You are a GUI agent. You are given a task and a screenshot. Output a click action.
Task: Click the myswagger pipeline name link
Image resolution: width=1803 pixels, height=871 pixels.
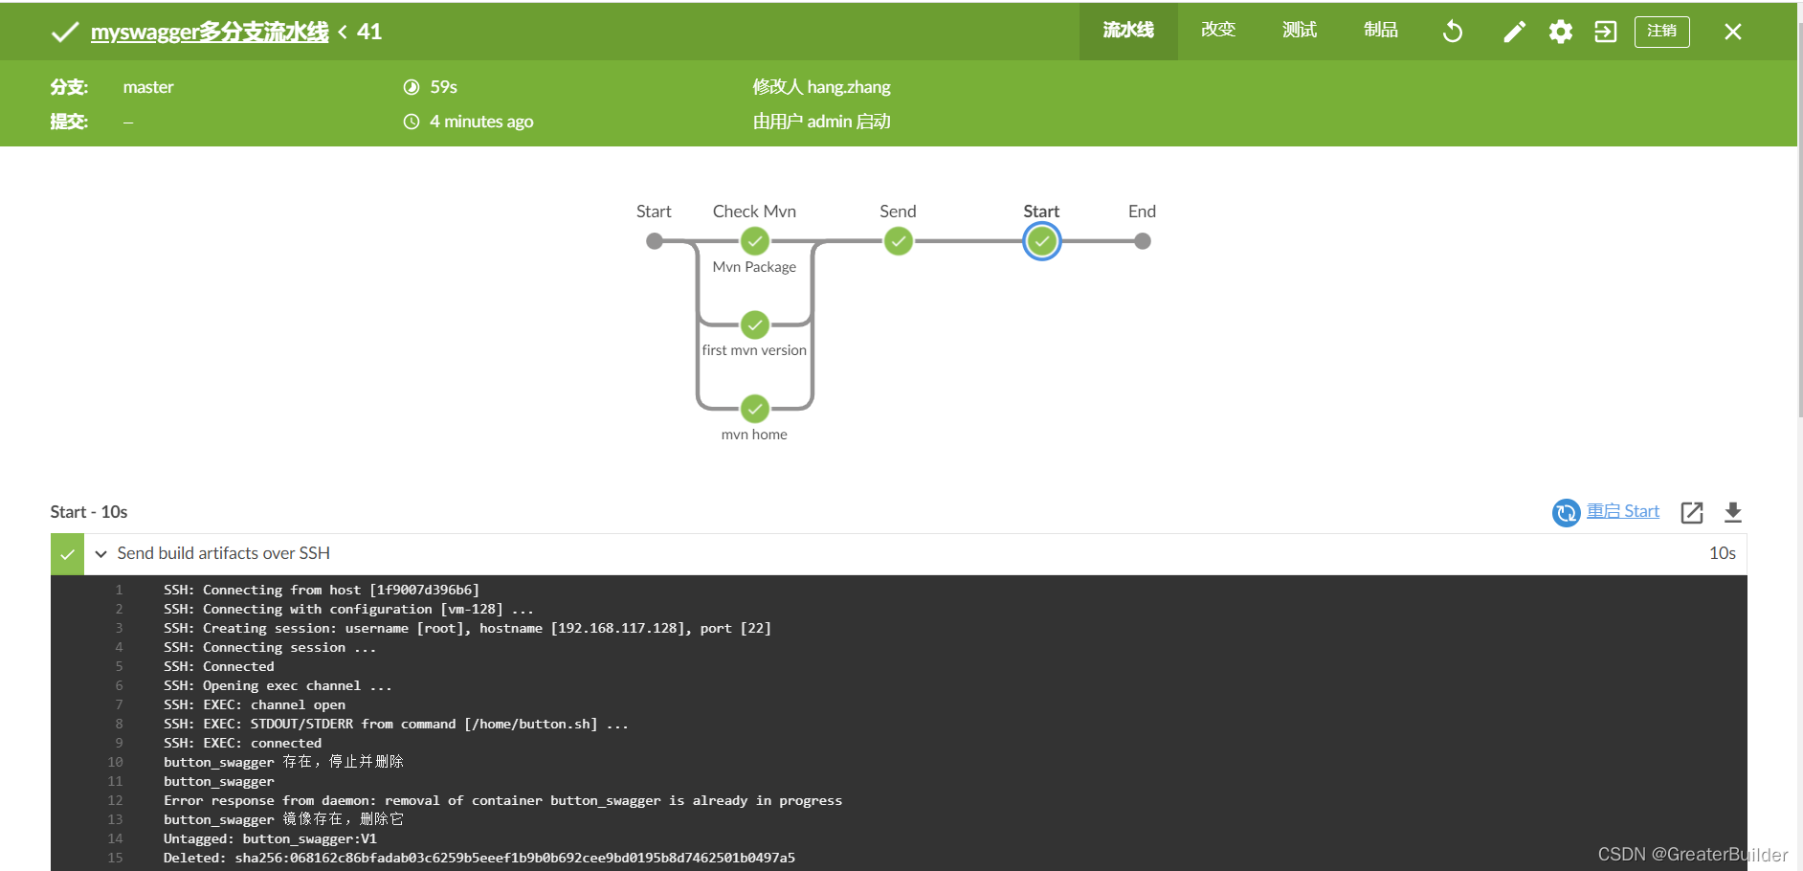click(x=209, y=32)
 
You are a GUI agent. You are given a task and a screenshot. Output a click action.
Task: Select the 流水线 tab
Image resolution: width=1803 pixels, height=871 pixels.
click(x=1128, y=31)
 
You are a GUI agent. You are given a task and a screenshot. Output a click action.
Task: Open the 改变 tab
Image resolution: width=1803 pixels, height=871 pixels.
click(x=1218, y=31)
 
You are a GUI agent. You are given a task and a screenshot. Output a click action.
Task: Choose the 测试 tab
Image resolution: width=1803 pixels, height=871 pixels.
click(x=1300, y=31)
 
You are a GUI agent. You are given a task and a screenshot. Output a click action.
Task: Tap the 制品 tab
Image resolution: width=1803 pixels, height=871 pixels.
click(x=1381, y=31)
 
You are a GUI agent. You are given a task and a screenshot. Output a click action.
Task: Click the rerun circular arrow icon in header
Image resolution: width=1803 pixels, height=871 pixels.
click(x=1453, y=32)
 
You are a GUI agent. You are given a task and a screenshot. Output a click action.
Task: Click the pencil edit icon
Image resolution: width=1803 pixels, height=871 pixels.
click(x=1514, y=32)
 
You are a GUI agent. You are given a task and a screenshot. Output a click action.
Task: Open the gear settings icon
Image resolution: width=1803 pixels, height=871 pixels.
click(x=1561, y=32)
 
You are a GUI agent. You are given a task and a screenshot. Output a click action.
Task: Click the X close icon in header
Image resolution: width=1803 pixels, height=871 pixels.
click(x=1732, y=32)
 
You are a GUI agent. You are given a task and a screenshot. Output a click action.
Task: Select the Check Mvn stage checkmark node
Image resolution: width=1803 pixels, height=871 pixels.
click(x=755, y=241)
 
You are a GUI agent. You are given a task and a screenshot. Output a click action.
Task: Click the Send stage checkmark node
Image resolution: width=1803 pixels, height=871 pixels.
click(x=898, y=241)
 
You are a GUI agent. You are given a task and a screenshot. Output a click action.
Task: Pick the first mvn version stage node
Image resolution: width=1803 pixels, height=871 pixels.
click(x=755, y=325)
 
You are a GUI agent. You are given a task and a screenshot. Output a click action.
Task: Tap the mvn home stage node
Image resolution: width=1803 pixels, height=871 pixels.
click(x=755, y=410)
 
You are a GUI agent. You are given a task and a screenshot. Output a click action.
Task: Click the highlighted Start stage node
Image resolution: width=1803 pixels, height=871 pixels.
click(x=1041, y=241)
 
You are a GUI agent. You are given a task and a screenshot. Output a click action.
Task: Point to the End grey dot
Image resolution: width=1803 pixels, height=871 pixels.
click(x=1143, y=241)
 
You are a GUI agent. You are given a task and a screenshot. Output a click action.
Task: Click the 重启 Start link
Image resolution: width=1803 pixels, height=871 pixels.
click(x=1622, y=511)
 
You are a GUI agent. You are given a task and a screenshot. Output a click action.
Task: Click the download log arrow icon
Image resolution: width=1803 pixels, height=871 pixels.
click(x=1732, y=512)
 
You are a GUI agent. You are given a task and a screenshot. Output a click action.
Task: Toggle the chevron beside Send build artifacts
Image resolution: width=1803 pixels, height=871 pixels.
click(x=100, y=554)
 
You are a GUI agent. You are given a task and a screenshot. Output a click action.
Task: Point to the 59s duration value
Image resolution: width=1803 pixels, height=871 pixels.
click(x=443, y=87)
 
